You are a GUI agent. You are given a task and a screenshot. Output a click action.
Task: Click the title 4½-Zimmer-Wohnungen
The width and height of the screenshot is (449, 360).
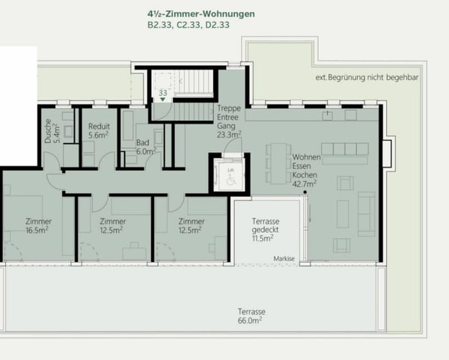click(201, 13)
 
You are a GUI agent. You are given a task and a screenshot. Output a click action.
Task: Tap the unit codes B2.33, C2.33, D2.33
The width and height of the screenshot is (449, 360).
click(188, 25)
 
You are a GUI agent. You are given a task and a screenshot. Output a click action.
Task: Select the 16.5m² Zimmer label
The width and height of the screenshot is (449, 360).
click(38, 226)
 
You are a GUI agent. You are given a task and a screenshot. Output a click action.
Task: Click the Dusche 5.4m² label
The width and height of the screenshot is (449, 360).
click(50, 132)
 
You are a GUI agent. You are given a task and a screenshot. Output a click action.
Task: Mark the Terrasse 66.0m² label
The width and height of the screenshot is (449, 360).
click(252, 315)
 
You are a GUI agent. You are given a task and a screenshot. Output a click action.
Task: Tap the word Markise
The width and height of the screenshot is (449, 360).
click(284, 258)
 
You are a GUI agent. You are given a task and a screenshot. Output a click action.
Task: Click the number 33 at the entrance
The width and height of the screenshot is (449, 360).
click(162, 94)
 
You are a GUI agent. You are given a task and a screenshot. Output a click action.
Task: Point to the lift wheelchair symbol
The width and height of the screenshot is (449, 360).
click(229, 178)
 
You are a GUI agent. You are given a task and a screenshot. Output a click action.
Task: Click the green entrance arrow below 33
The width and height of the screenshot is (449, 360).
click(162, 102)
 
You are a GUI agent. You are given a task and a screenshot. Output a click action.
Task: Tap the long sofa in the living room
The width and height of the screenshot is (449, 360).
click(367, 213)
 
